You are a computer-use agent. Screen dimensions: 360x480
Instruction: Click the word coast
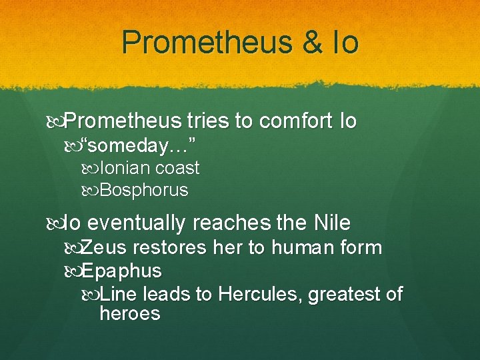click(x=177, y=168)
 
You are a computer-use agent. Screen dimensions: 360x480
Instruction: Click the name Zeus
click(x=105, y=248)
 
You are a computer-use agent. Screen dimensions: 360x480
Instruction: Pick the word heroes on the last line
click(x=129, y=313)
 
